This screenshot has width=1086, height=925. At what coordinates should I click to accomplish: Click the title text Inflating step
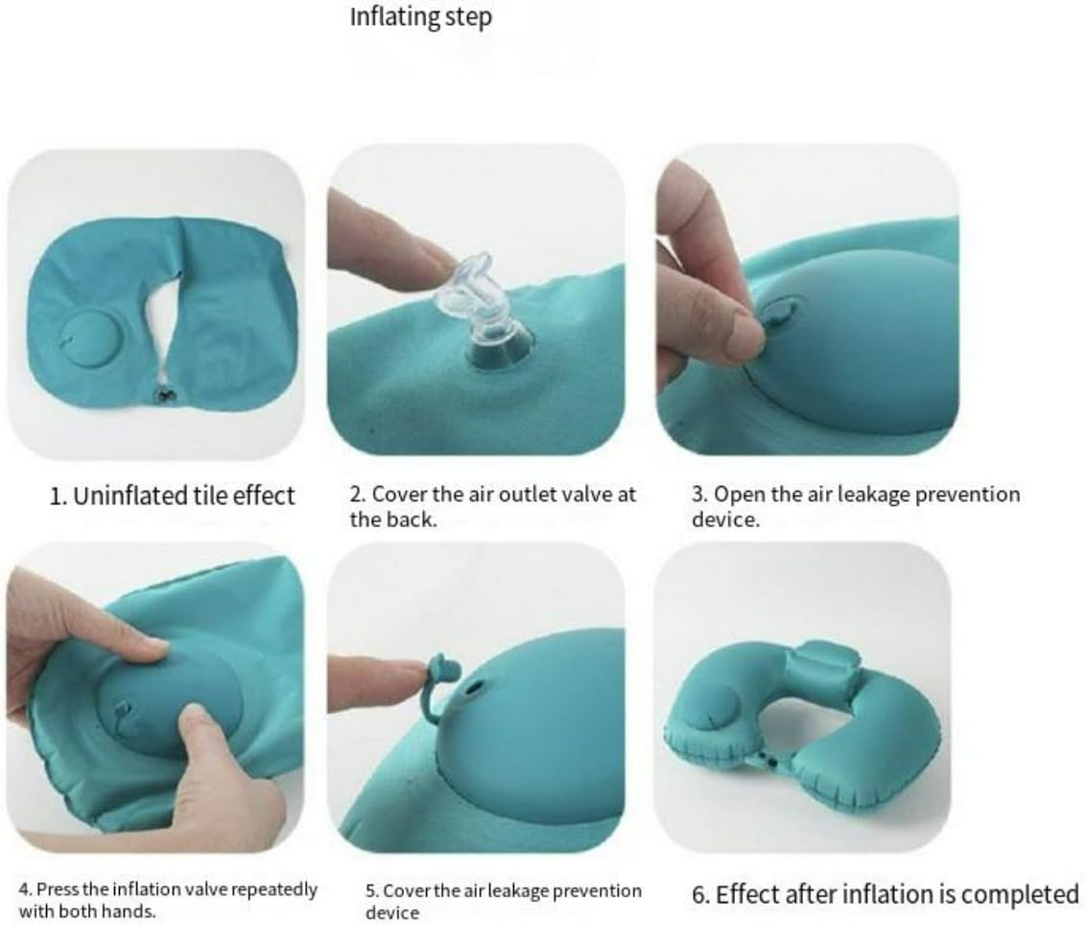(420, 18)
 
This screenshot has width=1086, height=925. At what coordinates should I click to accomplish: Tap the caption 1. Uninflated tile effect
(173, 496)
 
